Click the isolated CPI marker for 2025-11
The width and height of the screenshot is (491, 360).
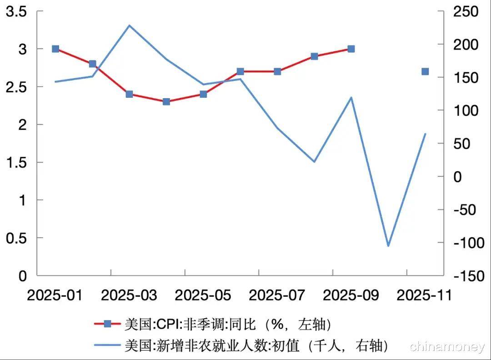[425, 71]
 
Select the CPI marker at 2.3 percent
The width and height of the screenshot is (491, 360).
[166, 101]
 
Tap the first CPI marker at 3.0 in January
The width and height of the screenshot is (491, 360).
[55, 49]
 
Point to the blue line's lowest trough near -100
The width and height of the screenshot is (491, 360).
[388, 246]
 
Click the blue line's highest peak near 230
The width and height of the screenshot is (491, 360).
[129, 25]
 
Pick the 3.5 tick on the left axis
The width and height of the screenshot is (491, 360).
[16, 12]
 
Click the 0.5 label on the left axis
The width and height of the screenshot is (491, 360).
[16, 238]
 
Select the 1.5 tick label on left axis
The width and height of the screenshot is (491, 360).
[16, 162]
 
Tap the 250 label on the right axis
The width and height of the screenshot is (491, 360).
[466, 12]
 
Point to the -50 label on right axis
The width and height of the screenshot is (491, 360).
[466, 210]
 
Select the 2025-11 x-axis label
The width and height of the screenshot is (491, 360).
[424, 295]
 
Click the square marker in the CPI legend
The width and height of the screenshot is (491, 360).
[108, 324]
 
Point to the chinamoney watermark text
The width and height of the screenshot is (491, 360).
[447, 347]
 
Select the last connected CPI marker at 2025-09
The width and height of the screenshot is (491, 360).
[351, 49]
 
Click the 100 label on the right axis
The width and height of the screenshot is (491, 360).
[466, 110]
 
